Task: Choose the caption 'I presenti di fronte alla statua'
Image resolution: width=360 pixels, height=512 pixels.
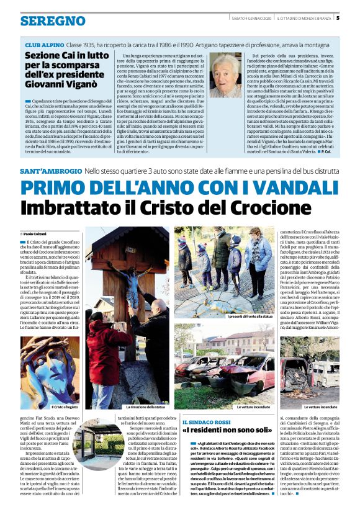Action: point(222,316)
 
